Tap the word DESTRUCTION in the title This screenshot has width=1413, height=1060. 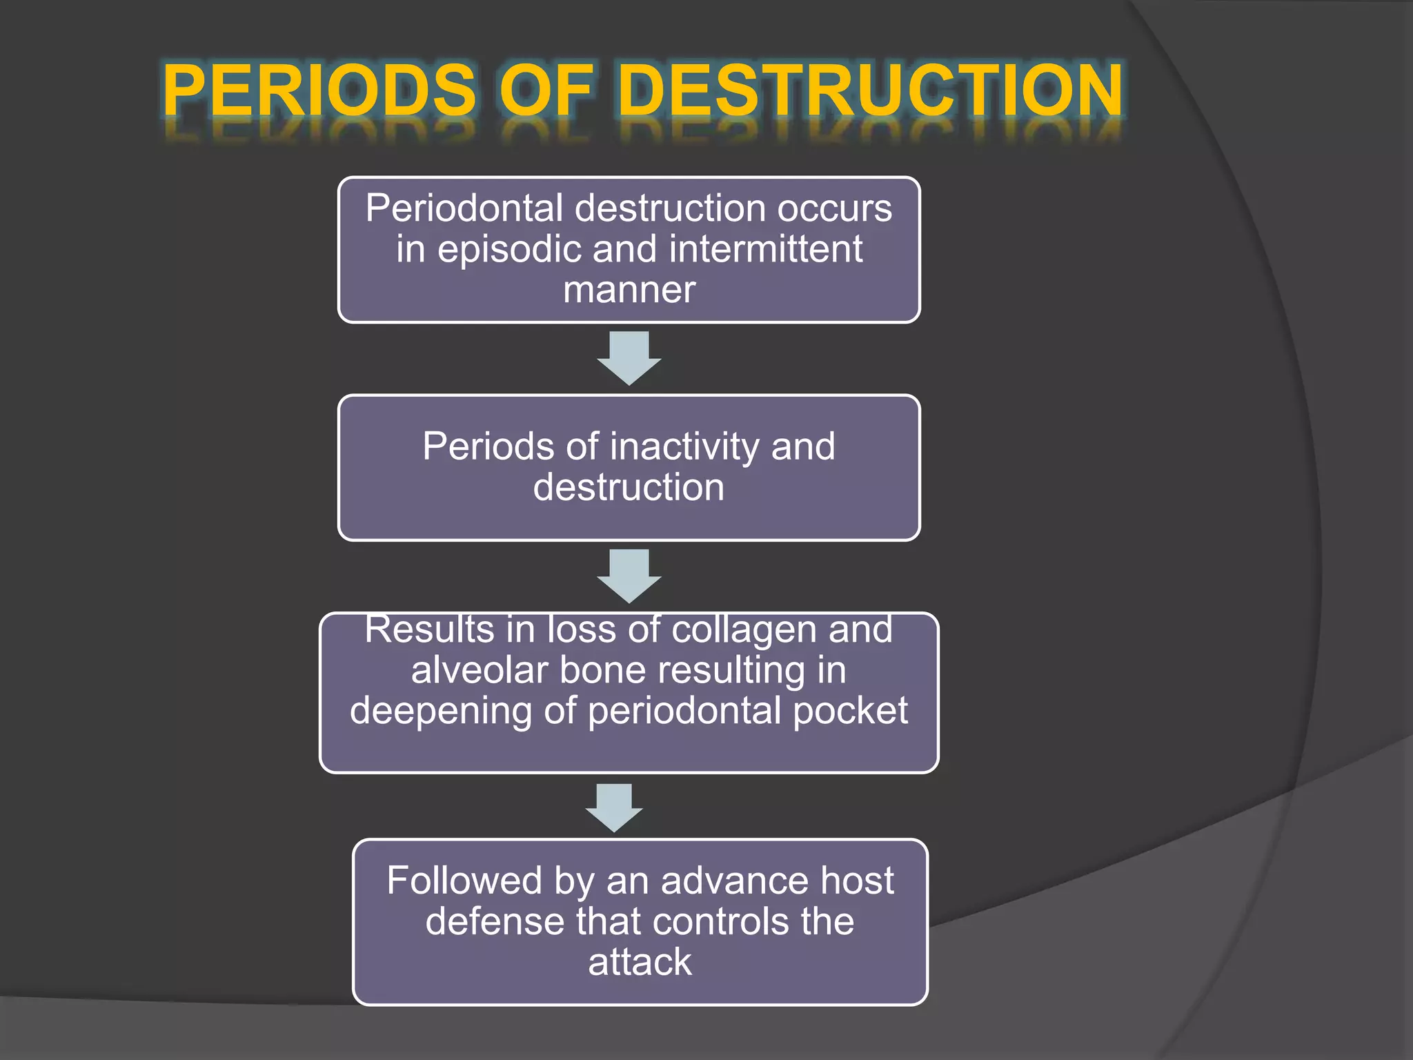point(871,90)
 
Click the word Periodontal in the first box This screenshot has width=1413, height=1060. point(464,208)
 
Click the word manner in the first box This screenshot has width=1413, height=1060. point(629,289)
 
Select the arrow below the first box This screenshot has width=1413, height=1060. point(629,357)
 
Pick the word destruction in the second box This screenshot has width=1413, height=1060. point(629,487)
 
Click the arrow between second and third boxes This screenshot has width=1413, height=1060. point(629,576)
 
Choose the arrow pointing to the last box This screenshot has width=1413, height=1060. point(614,807)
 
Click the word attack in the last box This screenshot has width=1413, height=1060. point(640,962)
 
